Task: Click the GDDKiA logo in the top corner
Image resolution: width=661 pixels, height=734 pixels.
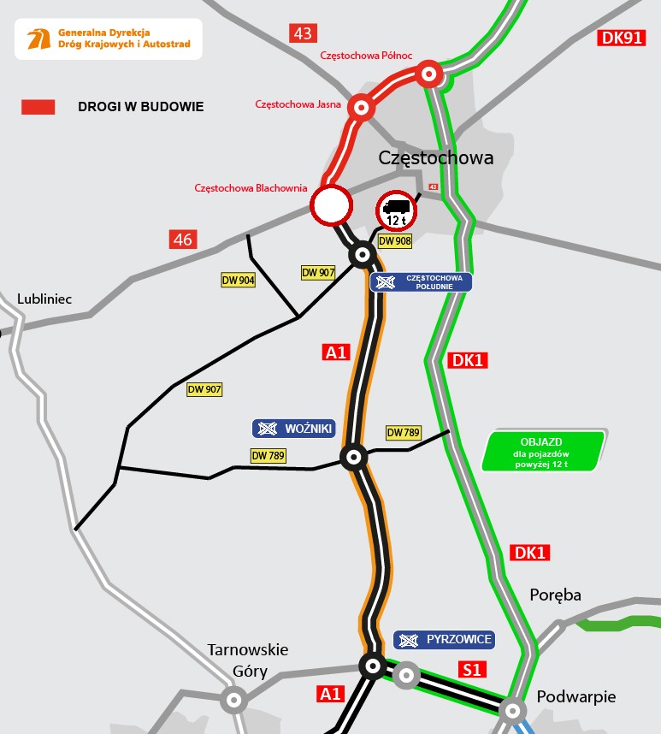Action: [39, 39]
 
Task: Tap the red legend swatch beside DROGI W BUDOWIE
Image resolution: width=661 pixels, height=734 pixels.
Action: [38, 107]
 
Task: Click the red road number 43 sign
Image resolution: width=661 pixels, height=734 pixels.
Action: [303, 33]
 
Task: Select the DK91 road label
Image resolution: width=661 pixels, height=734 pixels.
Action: [622, 38]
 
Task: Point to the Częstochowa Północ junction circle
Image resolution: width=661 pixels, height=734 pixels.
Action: [429, 74]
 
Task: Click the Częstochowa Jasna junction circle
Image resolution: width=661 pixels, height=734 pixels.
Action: [362, 108]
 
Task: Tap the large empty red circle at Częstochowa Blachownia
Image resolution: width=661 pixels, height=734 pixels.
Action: [330, 205]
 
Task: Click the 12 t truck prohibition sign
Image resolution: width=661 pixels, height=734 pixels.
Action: [395, 210]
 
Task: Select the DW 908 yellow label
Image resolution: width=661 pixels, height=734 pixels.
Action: [395, 241]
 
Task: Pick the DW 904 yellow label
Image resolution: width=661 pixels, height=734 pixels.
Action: [238, 280]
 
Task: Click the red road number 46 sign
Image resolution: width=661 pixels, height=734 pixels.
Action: [183, 240]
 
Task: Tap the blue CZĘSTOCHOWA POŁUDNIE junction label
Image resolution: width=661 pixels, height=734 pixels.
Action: [422, 282]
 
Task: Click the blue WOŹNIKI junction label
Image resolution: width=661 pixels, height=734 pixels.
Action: [293, 429]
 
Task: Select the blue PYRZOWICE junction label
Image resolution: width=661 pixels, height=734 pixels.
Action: [444, 639]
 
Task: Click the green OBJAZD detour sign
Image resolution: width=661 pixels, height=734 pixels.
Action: [543, 451]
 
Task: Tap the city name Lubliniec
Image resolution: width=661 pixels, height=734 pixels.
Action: [44, 299]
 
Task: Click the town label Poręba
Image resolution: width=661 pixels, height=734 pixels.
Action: [555, 595]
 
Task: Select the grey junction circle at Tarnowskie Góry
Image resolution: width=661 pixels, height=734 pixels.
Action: [233, 700]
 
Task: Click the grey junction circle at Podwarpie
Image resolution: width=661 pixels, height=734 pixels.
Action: [511, 708]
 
